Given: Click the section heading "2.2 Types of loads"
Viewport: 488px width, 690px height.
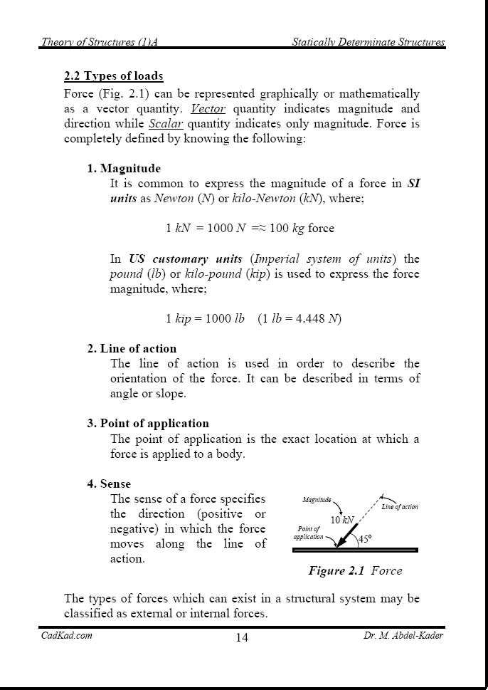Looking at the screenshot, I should (113, 76).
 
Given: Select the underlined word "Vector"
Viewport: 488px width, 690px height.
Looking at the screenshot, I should (208, 109).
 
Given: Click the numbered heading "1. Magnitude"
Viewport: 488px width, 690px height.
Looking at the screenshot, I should (124, 169).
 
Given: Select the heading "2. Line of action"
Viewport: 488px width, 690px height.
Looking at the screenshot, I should (132, 349).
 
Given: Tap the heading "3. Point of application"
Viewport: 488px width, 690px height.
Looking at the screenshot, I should (148, 424).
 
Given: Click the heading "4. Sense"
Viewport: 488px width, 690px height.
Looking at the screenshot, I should (109, 484).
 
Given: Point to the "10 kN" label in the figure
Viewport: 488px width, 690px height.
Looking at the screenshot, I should (342, 520).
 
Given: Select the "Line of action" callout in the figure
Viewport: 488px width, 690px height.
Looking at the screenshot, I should (400, 507).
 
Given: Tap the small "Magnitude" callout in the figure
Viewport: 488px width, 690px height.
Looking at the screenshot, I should (317, 501).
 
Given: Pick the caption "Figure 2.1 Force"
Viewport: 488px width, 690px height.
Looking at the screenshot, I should (355, 570).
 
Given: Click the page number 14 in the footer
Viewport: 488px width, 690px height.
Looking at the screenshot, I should (242, 637).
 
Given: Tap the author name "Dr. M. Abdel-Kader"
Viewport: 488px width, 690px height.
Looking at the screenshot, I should (403, 636).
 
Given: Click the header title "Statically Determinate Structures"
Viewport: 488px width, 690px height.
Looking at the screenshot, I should (368, 43).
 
